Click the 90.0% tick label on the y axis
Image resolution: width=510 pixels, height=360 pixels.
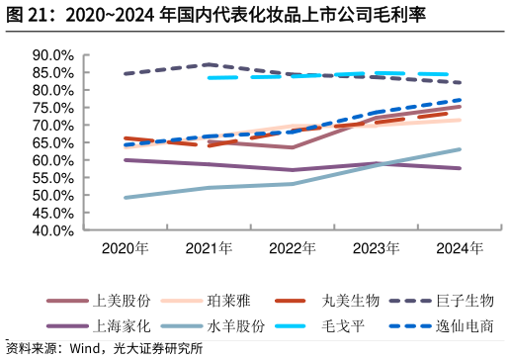click(53, 55)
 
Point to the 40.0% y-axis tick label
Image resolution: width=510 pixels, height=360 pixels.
click(53, 230)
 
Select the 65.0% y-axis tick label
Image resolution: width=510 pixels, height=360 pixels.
click(53, 143)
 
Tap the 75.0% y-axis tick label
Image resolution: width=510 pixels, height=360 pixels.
click(53, 108)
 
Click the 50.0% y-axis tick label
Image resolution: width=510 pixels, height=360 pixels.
click(53, 196)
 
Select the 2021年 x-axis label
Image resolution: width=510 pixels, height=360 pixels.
click(210, 248)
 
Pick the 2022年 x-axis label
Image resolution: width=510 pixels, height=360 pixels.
click(293, 248)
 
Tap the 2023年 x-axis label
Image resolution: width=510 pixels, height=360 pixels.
click(377, 248)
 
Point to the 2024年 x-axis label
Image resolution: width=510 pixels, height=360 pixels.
click(460, 248)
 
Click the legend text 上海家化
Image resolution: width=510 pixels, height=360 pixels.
click(122, 325)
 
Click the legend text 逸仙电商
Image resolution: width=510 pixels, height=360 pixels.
click(463, 325)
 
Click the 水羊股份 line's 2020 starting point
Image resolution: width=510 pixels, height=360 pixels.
click(126, 198)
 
